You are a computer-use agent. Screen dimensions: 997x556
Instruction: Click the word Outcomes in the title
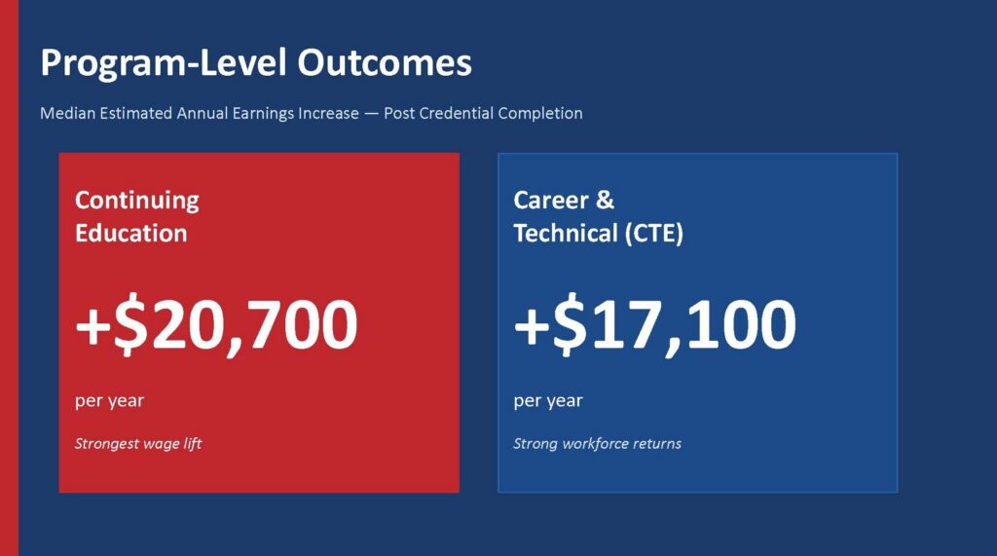(384, 62)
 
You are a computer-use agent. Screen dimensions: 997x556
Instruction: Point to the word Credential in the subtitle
(456, 113)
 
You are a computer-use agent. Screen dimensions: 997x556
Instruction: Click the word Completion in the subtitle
(540, 114)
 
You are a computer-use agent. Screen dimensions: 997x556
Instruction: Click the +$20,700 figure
(216, 324)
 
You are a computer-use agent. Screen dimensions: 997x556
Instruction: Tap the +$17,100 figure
(654, 324)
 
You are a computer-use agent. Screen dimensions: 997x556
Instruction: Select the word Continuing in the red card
(136, 201)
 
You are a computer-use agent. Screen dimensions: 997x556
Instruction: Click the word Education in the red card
(131, 233)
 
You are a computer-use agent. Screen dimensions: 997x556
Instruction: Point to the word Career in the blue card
(551, 201)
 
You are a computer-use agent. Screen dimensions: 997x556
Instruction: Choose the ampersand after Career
(606, 201)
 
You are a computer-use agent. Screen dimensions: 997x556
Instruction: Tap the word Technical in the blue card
(566, 233)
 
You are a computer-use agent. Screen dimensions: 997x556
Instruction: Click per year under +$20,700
(109, 401)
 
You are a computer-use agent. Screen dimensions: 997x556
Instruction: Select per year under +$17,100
(548, 401)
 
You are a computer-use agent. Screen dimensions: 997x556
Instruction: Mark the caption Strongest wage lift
(138, 443)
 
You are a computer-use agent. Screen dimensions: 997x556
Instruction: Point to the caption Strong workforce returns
(597, 443)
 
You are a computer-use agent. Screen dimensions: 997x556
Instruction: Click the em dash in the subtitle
(371, 114)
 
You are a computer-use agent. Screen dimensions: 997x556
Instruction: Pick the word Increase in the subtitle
(329, 113)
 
